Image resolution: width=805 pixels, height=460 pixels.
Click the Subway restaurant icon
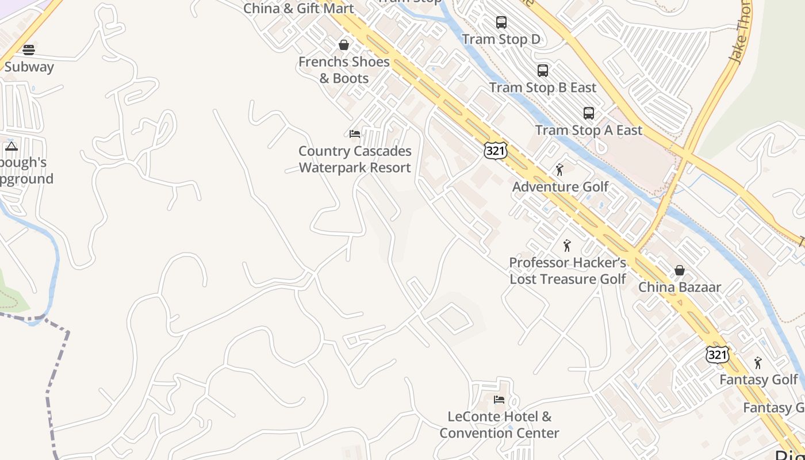tap(29, 49)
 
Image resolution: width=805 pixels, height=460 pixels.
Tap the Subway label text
tap(29, 67)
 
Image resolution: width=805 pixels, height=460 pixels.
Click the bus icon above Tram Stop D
tap(501, 22)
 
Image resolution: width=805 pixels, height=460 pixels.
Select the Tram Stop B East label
tap(543, 87)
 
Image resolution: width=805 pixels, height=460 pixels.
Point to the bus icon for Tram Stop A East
tap(588, 113)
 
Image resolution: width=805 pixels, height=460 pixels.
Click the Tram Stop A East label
tap(588, 130)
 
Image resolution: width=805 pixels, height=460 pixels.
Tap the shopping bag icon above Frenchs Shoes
tap(344, 45)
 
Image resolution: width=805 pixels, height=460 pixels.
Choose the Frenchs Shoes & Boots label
tap(344, 70)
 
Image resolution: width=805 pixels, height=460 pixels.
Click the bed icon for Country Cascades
tap(355, 134)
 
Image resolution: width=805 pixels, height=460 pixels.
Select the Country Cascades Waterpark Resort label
tap(355, 159)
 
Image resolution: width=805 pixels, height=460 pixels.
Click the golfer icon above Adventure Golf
tap(559, 170)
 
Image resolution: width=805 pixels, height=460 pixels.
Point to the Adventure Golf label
tap(560, 186)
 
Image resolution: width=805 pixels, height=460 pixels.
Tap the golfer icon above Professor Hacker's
tap(567, 246)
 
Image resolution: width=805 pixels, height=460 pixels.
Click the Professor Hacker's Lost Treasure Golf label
tap(568, 271)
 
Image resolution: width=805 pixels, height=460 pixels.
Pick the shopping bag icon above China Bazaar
tap(680, 270)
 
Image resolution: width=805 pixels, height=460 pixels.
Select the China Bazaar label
tap(680, 287)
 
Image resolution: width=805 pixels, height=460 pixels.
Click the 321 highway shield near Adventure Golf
tap(495, 151)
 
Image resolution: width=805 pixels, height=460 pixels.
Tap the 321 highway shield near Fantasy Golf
tap(718, 355)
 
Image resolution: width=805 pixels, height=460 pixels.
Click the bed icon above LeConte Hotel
tap(499, 399)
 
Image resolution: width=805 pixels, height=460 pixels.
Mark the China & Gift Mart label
tap(298, 9)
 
